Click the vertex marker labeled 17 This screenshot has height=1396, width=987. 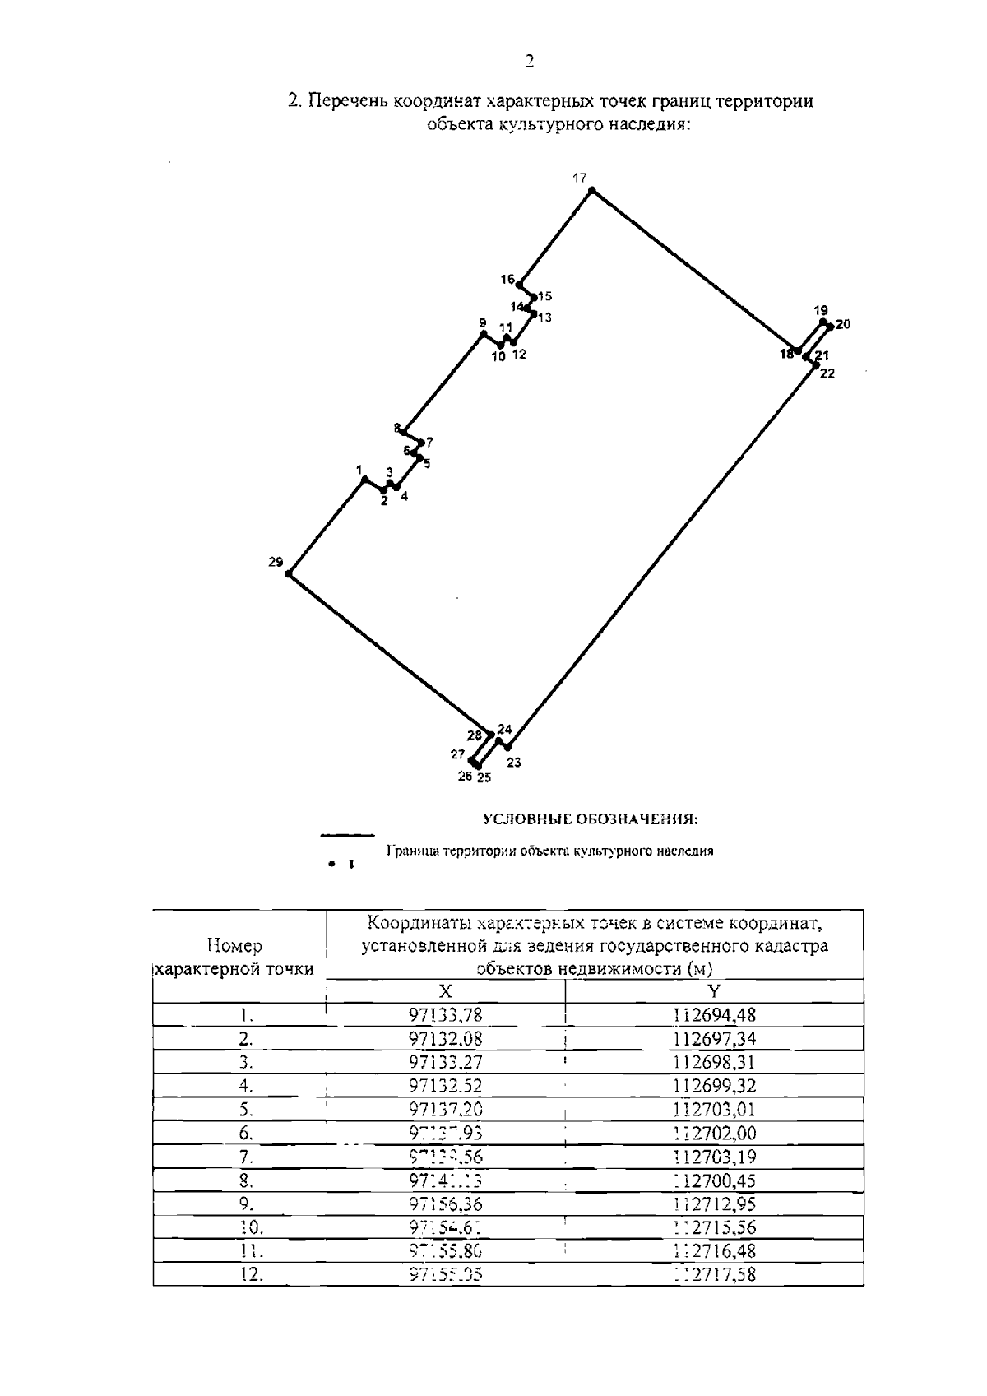click(x=591, y=191)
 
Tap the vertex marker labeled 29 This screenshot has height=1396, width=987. click(x=290, y=573)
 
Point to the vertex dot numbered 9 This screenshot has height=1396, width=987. click(x=484, y=334)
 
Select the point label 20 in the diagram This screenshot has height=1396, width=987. click(x=843, y=324)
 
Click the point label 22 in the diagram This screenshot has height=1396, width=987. click(x=827, y=373)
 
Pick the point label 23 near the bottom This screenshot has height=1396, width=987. click(x=514, y=763)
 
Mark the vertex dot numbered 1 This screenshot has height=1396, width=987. click(x=364, y=480)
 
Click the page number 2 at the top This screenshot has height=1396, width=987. click(x=529, y=60)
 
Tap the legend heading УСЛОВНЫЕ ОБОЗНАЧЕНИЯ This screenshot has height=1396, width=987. click(x=591, y=819)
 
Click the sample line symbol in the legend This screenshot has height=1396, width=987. click(x=347, y=836)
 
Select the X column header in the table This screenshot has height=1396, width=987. click(x=445, y=991)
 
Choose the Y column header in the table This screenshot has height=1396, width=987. click(x=714, y=991)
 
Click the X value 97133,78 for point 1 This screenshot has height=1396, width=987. click(x=445, y=1015)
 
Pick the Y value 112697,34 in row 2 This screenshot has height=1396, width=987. click(x=714, y=1038)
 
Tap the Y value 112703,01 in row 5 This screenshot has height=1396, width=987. click(x=714, y=1110)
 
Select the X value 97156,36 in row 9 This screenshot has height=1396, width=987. click(x=445, y=1204)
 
